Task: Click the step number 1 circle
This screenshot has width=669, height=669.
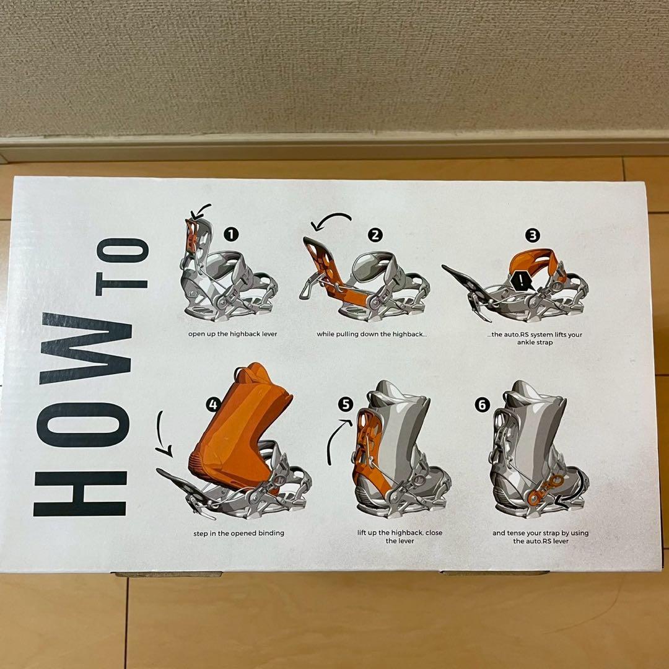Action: click(x=231, y=234)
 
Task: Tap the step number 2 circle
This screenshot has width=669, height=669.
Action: click(x=375, y=235)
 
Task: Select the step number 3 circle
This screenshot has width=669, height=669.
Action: click(x=533, y=235)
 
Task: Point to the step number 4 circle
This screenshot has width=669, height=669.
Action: click(x=213, y=404)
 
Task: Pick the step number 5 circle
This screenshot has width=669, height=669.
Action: click(x=346, y=404)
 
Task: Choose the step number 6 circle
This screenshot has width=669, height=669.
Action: click(x=482, y=404)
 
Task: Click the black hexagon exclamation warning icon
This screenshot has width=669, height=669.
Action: click(x=521, y=281)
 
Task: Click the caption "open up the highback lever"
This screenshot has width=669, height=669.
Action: click(x=232, y=334)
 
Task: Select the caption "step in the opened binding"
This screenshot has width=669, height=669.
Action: click(x=238, y=533)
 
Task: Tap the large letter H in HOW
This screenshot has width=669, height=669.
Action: click(x=80, y=494)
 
